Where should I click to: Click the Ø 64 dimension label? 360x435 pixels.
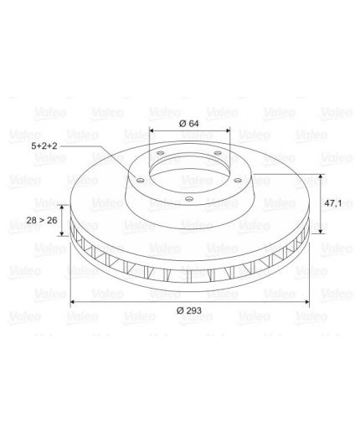189,124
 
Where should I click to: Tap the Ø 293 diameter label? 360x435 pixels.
189,310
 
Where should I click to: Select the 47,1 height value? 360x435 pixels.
333,203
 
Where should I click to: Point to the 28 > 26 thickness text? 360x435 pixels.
42,220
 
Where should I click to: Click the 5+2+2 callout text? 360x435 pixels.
44,146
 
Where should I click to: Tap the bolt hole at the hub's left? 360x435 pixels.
141,180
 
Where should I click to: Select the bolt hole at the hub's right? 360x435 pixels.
238,181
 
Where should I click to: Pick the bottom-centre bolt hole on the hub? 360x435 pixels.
189,199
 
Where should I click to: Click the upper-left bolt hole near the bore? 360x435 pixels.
161,153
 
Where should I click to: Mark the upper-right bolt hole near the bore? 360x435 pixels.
218,153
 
